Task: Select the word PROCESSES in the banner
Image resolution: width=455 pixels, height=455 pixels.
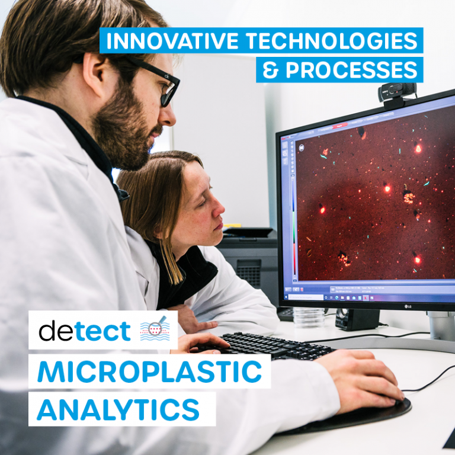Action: coord(350,70)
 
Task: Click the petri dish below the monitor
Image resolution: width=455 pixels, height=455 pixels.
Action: coord(309,317)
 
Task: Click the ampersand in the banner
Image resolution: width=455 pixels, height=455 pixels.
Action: coord(270,70)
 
